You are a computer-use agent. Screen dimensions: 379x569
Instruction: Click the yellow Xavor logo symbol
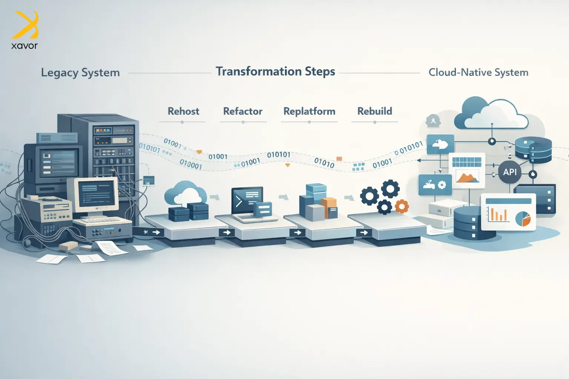coord(25,25)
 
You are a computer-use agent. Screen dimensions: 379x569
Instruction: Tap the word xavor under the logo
coord(24,46)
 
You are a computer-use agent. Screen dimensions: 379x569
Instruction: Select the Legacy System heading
coord(80,73)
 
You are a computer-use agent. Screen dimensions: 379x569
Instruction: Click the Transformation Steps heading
coord(275,71)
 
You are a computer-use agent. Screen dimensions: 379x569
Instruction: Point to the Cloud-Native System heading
coord(478,73)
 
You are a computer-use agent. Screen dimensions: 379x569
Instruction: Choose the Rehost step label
coord(183,111)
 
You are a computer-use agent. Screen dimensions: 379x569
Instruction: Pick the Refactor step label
coord(243,111)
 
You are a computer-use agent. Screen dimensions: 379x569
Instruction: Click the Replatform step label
coord(309,111)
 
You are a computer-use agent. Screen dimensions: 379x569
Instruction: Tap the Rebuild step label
coord(375,111)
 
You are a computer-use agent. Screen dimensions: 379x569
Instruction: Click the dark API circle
coord(510,172)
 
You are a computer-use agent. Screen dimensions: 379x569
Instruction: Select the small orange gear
coord(402,206)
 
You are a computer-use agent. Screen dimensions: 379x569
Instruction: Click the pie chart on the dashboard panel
coord(523,219)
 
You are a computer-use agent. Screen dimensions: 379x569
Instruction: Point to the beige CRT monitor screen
coord(96,194)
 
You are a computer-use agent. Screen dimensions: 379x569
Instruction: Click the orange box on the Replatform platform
coord(329,207)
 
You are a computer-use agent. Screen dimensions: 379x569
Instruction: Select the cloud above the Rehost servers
coord(186,192)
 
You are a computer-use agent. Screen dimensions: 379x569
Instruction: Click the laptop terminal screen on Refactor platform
coord(247,200)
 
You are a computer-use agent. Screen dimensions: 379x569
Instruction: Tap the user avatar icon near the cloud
coord(433,121)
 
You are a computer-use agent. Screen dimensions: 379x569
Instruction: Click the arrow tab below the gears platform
coord(364,232)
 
